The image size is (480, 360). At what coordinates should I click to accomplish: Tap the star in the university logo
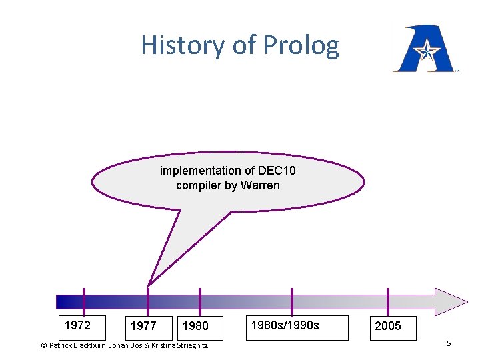tap(424, 49)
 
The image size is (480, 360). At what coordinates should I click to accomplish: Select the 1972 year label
tap(78, 325)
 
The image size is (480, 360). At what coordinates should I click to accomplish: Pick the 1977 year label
tap(143, 326)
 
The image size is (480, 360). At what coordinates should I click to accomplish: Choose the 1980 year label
tap(195, 326)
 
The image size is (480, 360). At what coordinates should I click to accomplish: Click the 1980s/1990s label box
tap(298, 327)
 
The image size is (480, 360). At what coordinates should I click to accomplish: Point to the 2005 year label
tap(388, 327)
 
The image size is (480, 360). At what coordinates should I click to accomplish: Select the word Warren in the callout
tap(260, 185)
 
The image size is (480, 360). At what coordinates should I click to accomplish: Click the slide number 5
tap(449, 343)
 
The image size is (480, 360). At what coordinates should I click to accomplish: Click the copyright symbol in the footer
tap(44, 345)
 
